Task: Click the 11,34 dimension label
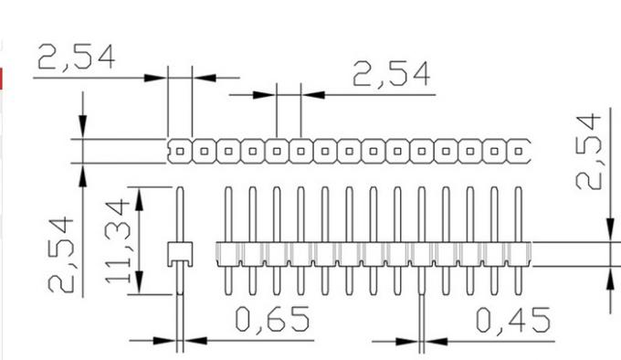119,240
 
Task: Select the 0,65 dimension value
272,320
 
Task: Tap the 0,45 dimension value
512,320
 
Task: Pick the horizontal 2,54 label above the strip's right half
391,74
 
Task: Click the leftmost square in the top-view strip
180,149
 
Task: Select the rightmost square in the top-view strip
520,149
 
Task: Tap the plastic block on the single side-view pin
180,254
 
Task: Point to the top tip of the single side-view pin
180,188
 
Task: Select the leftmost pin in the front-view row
227,239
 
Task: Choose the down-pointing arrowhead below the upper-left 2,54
83,128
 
